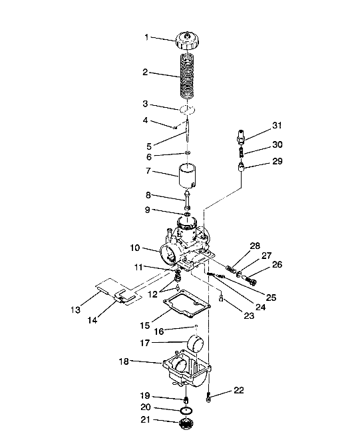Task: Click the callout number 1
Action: [147, 38]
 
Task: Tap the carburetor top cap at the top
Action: [187, 40]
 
